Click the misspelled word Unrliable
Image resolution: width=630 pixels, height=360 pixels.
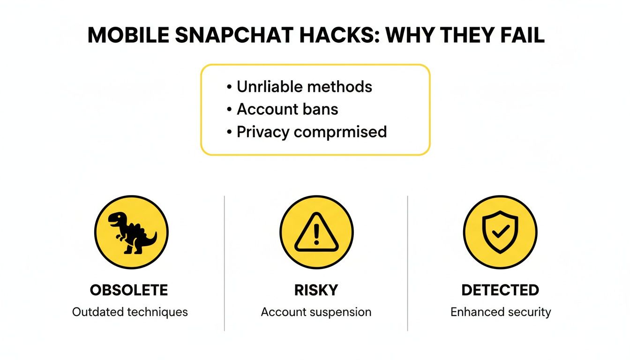click(x=269, y=87)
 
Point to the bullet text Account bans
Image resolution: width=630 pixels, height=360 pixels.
click(x=287, y=109)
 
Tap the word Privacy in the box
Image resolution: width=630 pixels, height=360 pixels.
click(x=263, y=132)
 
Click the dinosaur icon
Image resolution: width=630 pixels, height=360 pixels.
click(x=131, y=232)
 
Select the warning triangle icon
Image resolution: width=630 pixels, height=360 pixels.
click(x=316, y=232)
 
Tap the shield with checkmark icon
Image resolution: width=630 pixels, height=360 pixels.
click(x=500, y=232)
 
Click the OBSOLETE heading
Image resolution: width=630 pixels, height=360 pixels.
click(x=129, y=290)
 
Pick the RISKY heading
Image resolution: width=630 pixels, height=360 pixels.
click(x=316, y=290)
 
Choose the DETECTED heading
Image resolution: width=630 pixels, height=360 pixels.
click(x=500, y=290)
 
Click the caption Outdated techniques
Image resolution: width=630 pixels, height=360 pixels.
click(x=130, y=312)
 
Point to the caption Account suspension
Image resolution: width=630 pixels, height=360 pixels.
click(x=316, y=312)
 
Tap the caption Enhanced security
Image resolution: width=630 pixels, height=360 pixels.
click(x=501, y=312)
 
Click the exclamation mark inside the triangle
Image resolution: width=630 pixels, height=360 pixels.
click(x=316, y=233)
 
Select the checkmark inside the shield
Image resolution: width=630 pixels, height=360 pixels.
click(x=501, y=231)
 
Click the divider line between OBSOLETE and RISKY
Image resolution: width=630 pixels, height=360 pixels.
click(x=225, y=262)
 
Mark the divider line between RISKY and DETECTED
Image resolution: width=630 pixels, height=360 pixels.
click(x=407, y=262)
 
